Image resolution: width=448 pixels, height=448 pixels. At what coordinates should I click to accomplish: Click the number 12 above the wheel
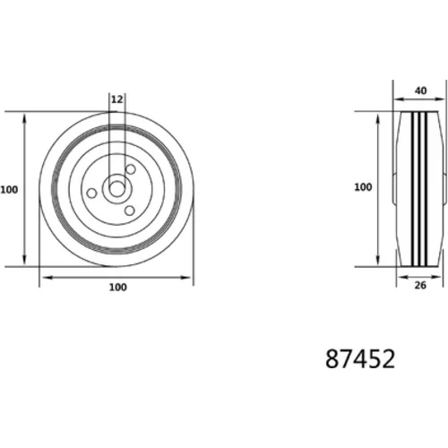[x=116, y=99]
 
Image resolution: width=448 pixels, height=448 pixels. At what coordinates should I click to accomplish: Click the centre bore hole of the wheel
[x=117, y=189]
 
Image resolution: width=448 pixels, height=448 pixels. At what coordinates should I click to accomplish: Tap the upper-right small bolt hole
[x=131, y=169]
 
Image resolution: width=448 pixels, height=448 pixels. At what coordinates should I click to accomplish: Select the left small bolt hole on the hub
[x=91, y=193]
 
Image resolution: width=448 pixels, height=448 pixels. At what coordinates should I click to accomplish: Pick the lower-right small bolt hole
[x=129, y=211]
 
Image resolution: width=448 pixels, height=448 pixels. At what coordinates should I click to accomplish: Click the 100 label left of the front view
[x=9, y=190]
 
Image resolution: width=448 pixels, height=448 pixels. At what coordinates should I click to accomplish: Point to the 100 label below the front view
[x=118, y=288]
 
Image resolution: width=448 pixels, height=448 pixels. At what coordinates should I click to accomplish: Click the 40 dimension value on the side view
[x=420, y=90]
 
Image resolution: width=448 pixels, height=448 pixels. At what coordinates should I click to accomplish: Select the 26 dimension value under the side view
[x=420, y=286]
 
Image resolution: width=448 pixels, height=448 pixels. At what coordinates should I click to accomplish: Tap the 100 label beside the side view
[x=363, y=187]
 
